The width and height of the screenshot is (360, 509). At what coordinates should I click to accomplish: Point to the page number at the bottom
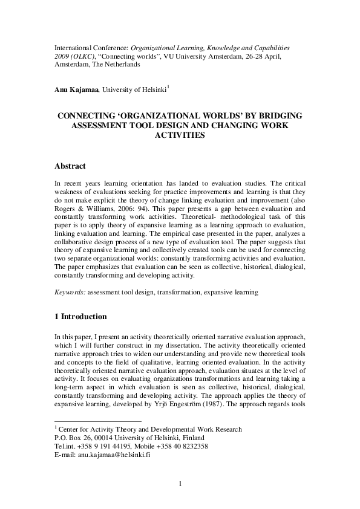click(x=180, y=482)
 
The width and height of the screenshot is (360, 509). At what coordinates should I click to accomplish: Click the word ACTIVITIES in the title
click(x=180, y=136)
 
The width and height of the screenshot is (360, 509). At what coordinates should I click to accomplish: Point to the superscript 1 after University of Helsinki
click(x=168, y=88)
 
